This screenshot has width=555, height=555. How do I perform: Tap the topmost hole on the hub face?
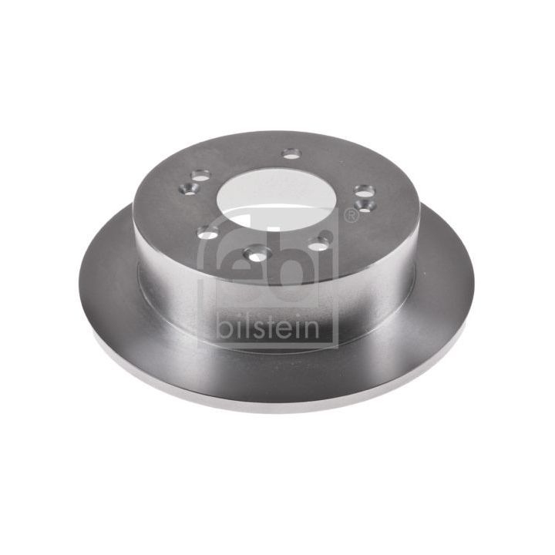(291, 153)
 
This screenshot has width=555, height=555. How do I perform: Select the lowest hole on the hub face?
(255, 251)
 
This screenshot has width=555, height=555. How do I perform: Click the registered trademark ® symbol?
(351, 216)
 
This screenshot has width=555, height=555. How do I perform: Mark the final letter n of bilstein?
(310, 328)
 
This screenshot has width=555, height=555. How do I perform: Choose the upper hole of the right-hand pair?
(363, 190)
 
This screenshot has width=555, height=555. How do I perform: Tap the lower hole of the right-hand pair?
(367, 206)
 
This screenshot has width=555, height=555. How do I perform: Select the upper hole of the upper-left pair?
(201, 177)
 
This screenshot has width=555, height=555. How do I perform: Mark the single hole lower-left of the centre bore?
(207, 232)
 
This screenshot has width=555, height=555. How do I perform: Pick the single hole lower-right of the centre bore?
(319, 241)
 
